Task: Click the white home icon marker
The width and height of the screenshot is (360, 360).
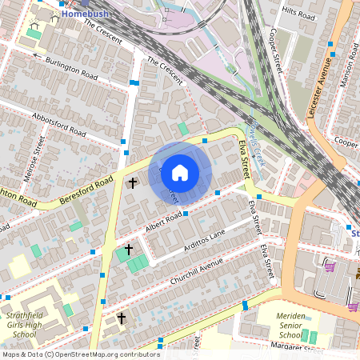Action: pyautogui.click(x=180, y=173)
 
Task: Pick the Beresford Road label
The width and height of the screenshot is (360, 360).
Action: pyautogui.click(x=86, y=191)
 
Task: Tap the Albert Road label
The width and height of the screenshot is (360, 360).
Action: pyautogui.click(x=164, y=220)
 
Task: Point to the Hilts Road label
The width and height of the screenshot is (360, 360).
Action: pyautogui.click(x=298, y=14)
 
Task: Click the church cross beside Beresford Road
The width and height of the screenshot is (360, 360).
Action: pyautogui.click(x=133, y=183)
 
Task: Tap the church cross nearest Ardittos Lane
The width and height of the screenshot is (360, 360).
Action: pyautogui.click(x=128, y=250)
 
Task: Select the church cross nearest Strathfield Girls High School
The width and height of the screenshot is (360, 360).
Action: pyautogui.click(x=122, y=318)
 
